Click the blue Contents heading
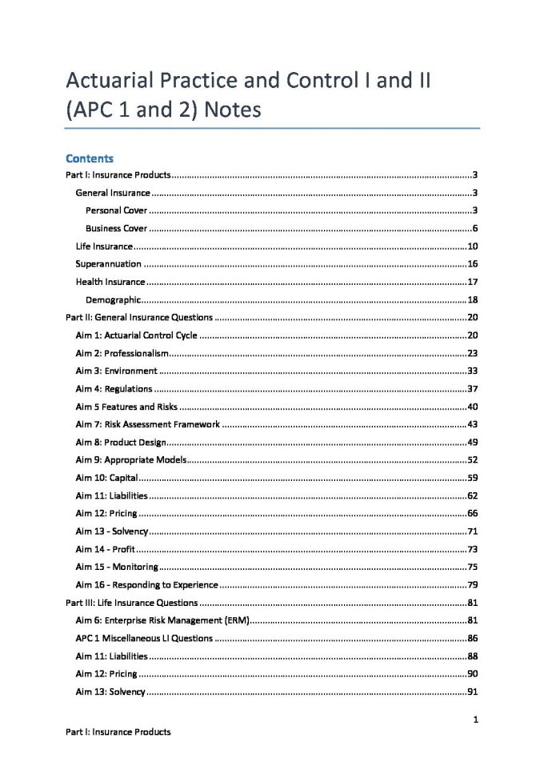coord(90,158)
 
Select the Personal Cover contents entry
coord(116,211)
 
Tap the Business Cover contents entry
coord(116,228)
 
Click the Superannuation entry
coord(108,263)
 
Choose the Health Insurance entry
coord(110,282)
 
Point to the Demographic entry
coord(114,299)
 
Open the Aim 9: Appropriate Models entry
coord(131,460)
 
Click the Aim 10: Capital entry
coord(107,478)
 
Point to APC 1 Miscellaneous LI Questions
coord(144,638)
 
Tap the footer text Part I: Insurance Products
coord(118,732)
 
